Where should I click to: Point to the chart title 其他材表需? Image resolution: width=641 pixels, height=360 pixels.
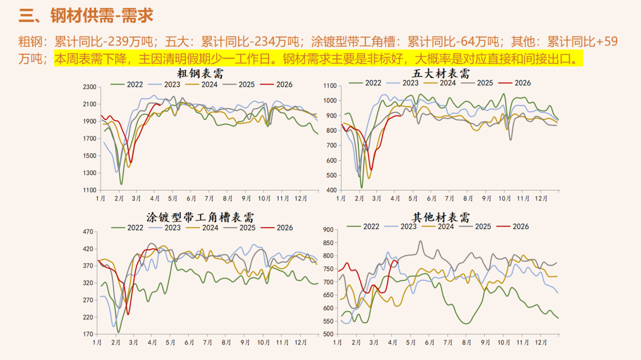point(449,218)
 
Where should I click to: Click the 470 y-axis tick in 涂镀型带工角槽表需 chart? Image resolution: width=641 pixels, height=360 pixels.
point(89,232)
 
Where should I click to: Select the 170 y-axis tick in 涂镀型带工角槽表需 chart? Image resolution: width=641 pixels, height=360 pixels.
point(89,334)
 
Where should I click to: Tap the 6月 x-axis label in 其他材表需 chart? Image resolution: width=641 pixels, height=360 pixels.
point(430,343)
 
